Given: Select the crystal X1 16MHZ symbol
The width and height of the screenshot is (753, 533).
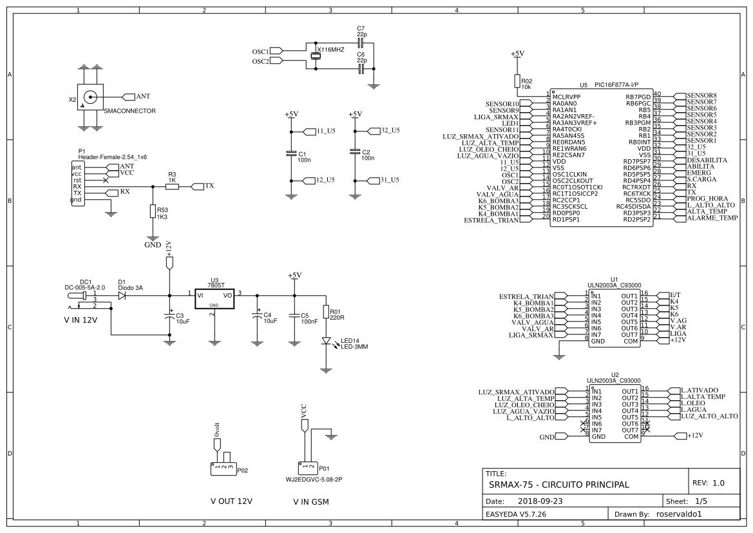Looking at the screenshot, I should point(316,56).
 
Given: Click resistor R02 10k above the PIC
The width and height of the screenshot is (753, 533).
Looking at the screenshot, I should point(517,80).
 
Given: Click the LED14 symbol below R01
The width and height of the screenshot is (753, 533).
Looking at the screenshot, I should point(326,341).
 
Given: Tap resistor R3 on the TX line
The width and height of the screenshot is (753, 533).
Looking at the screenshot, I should point(171,186).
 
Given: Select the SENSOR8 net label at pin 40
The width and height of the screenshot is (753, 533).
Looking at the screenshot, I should point(701,95).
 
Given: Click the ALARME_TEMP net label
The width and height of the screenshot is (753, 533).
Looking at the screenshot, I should point(712,218).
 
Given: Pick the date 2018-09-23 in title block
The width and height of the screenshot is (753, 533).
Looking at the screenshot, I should point(540,500).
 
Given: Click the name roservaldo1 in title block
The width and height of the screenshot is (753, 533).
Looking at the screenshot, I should point(682,514).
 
